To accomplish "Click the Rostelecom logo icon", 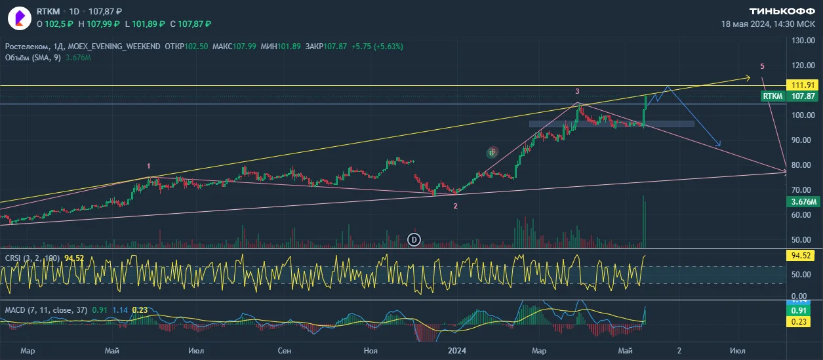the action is coord(20,18).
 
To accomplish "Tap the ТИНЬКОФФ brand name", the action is coord(782,11).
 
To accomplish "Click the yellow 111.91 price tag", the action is coord(803,85).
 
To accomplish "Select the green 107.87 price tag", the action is coord(803,96).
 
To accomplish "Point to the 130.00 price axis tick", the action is coord(803,41).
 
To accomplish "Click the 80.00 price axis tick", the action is coord(803,165).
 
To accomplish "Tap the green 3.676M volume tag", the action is coord(803,202).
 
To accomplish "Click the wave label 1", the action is coord(148,166).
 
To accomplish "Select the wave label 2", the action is coord(455,206).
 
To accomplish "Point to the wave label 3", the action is coord(577,91).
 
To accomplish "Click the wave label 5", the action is coord(762,66).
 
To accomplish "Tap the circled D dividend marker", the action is coord(414,240).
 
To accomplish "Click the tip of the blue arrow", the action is coord(721,146).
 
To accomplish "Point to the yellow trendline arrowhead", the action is coord(750,77).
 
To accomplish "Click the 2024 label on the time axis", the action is coord(456,351).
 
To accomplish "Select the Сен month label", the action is coord(285,351).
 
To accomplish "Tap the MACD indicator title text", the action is coord(46,310).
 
